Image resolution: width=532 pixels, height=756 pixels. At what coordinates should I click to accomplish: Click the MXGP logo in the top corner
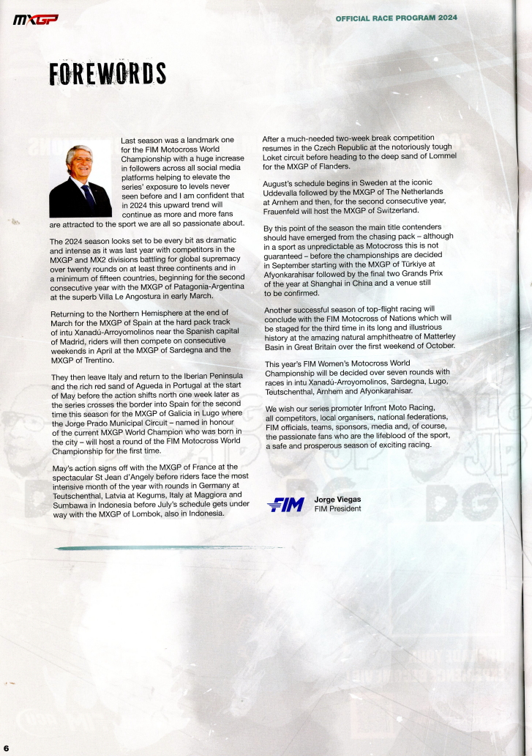(35, 19)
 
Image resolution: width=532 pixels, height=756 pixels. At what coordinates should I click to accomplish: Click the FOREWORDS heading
(108, 74)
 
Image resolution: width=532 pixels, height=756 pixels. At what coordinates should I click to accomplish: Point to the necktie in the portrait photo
(89, 196)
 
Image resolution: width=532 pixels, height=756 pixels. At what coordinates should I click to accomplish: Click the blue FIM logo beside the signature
(286, 505)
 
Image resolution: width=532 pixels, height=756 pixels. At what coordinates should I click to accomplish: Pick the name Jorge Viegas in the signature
(337, 500)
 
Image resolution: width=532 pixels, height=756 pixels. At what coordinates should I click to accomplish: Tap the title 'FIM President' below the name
(337, 509)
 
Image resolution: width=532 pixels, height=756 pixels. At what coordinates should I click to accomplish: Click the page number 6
(6, 748)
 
